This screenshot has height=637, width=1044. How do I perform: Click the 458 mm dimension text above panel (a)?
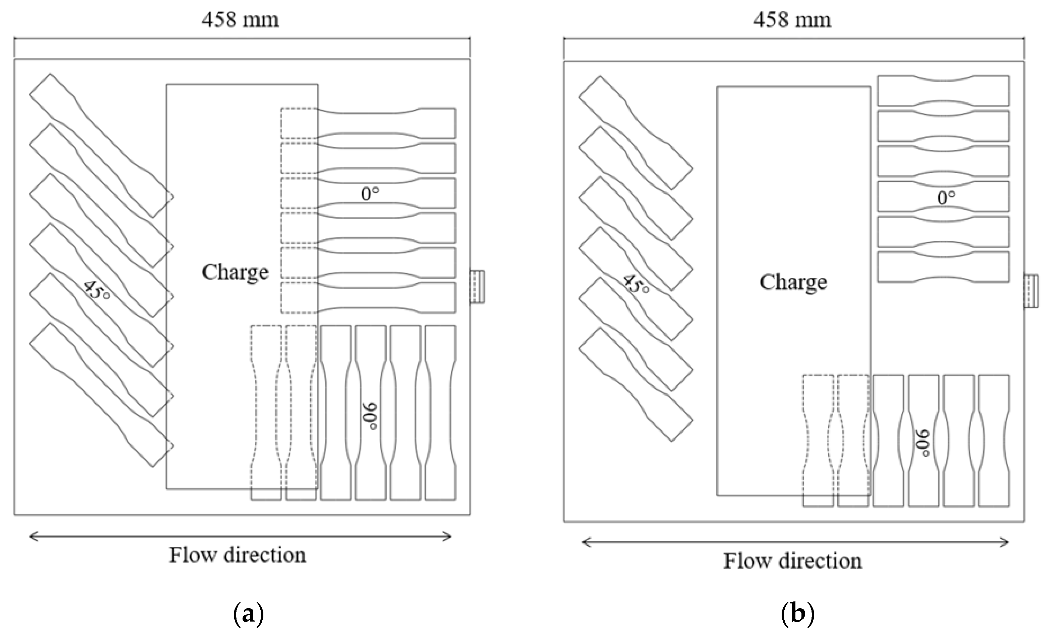(x=240, y=20)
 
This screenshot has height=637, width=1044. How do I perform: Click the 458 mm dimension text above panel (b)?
(x=792, y=20)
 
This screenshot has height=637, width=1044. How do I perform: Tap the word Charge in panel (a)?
(x=235, y=272)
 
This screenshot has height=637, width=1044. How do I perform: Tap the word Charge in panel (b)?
(x=793, y=282)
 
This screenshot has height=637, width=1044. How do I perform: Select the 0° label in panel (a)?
(x=370, y=194)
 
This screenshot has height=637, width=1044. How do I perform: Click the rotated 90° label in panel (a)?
(x=370, y=416)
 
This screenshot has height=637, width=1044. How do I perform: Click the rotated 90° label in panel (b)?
(x=924, y=443)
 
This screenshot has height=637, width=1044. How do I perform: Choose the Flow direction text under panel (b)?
(x=792, y=561)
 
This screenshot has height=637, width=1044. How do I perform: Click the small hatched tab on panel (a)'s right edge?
(x=477, y=287)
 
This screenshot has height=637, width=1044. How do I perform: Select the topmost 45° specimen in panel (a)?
(x=101, y=145)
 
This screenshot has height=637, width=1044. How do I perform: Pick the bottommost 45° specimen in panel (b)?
(x=635, y=384)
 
